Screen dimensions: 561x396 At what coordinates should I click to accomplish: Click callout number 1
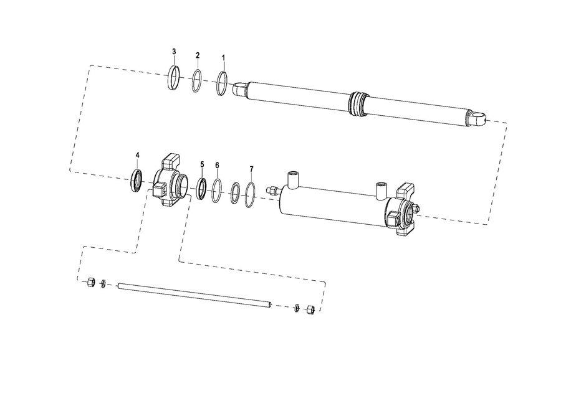pos(224,58)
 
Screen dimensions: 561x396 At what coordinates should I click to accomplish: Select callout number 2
pos(198,55)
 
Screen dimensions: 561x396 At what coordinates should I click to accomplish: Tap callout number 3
pos(175,52)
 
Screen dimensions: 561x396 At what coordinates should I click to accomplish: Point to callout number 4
pos(137,155)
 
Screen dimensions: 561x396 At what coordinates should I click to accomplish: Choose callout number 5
pos(202,164)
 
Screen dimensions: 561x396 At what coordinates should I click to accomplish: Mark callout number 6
pos(217,165)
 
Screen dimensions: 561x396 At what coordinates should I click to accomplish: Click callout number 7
pos(252,169)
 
